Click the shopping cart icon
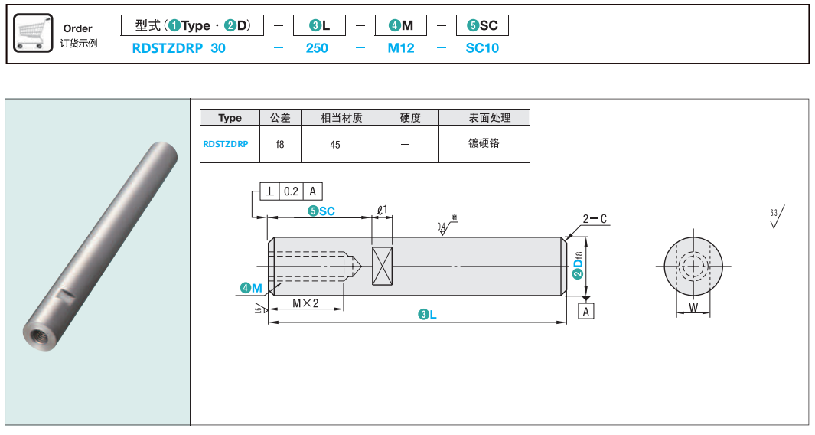pyautogui.click(x=33, y=34)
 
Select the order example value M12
pyautogui.click(x=401, y=47)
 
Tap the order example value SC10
pyautogui.click(x=482, y=47)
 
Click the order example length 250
pyautogui.click(x=317, y=47)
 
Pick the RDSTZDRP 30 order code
pyautogui.click(x=179, y=47)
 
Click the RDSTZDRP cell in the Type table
pyautogui.click(x=225, y=143)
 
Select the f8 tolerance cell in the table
pyautogui.click(x=280, y=144)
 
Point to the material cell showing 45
pyautogui.click(x=335, y=144)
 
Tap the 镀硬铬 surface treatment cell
pyautogui.click(x=484, y=143)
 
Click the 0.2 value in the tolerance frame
pyautogui.click(x=291, y=191)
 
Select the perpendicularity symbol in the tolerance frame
pyautogui.click(x=270, y=191)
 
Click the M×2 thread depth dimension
pyautogui.click(x=305, y=303)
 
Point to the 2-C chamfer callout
pyautogui.click(x=595, y=219)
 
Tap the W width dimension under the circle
pyautogui.click(x=693, y=308)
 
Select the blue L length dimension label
pyautogui.click(x=427, y=315)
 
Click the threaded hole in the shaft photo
pyautogui.click(x=38, y=334)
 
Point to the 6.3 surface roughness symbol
pyautogui.click(x=777, y=217)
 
